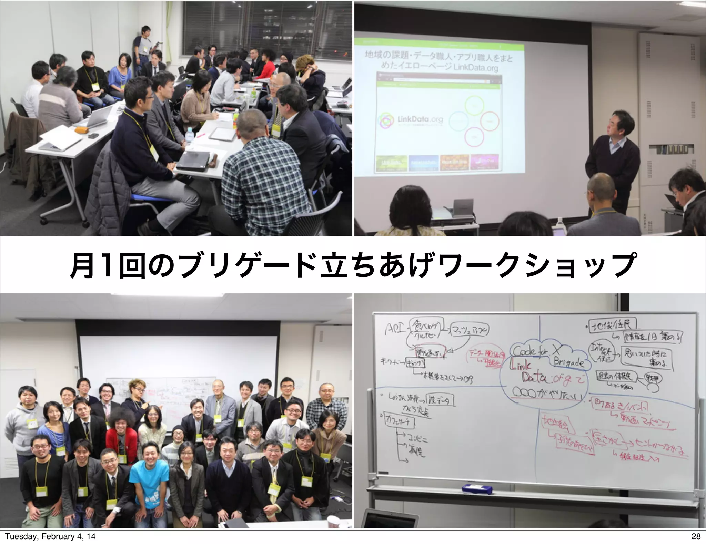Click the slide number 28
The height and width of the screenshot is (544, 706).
[x=696, y=536]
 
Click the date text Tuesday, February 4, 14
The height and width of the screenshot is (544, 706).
[x=50, y=536]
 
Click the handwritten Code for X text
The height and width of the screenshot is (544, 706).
[x=536, y=351]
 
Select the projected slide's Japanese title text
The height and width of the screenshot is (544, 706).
[x=438, y=61]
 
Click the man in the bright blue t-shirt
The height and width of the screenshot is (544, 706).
[x=150, y=478]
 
